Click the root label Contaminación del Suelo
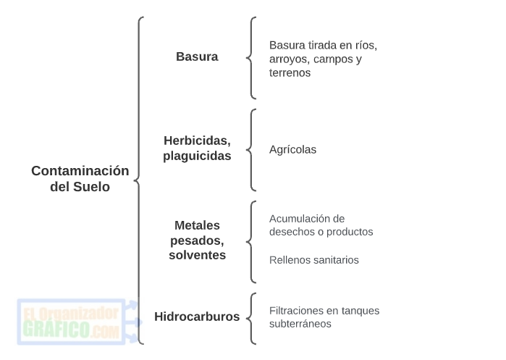click(80, 178)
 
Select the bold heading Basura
click(197, 56)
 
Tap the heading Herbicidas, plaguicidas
click(197, 148)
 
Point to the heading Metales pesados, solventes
click(197, 240)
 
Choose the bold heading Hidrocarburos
click(197, 317)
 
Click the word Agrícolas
click(292, 150)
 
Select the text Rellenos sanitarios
click(313, 260)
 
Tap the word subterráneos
click(300, 324)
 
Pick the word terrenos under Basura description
click(290, 72)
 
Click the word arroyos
click(288, 59)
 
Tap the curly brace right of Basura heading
click(250, 58)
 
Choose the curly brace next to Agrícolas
click(250, 150)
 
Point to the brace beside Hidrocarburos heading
click(250, 318)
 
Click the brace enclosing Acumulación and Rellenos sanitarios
click(250, 242)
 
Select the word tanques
click(360, 311)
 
